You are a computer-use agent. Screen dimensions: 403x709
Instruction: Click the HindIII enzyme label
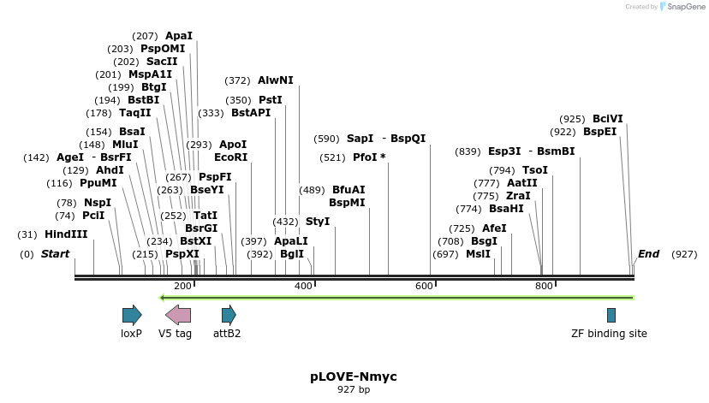pyautogui.click(x=66, y=234)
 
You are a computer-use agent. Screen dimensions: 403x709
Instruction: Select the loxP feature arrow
pyautogui.click(x=132, y=315)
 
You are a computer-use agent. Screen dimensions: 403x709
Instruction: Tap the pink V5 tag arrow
pyautogui.click(x=177, y=315)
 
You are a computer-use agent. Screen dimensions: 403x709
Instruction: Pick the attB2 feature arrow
pyautogui.click(x=229, y=315)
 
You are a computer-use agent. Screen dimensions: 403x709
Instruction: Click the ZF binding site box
pyautogui.click(x=611, y=315)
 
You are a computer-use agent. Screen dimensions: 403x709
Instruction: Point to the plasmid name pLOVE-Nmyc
pyautogui.click(x=354, y=376)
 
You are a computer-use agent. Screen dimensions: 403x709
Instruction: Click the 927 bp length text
pyautogui.click(x=354, y=390)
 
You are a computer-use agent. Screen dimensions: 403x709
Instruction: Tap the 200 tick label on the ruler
pyautogui.click(x=182, y=286)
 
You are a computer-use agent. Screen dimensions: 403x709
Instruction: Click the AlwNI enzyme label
pyautogui.click(x=276, y=80)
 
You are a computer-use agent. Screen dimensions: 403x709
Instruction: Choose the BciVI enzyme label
pyautogui.click(x=608, y=119)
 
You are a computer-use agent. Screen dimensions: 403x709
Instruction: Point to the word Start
pyautogui.click(x=55, y=254)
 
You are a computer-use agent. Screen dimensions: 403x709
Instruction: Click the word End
pyautogui.click(x=648, y=254)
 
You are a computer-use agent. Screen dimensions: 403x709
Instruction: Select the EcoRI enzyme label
pyautogui.click(x=230, y=157)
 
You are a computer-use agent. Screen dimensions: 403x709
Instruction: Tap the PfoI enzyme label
pyautogui.click(x=369, y=157)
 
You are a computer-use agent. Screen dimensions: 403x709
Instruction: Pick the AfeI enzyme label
pyautogui.click(x=494, y=228)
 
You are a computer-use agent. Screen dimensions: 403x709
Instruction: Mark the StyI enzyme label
pyautogui.click(x=318, y=222)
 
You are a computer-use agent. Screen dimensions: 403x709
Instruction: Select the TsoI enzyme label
pyautogui.click(x=535, y=170)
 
